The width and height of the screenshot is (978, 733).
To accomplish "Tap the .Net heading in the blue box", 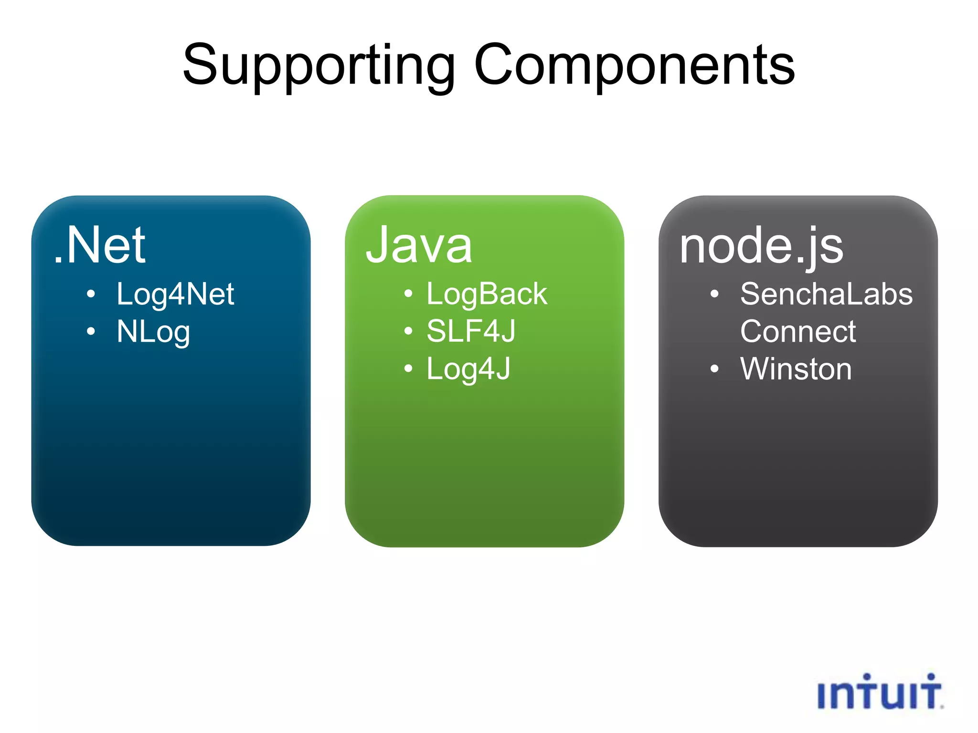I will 99,245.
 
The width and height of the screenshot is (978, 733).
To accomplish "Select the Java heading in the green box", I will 419,245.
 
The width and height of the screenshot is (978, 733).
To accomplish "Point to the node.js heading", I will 761,246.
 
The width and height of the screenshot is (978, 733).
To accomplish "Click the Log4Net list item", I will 175,294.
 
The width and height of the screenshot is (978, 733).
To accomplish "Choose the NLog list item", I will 153,332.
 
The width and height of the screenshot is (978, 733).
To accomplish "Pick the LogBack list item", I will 487,294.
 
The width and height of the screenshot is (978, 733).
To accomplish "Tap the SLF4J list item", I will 471,331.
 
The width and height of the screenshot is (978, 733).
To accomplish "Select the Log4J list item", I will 468,369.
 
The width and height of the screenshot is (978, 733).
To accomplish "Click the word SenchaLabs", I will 826,294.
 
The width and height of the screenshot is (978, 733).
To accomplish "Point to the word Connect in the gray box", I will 798,331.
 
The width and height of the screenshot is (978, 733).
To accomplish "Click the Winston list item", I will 796,369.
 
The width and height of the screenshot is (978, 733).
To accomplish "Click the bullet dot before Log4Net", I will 91,294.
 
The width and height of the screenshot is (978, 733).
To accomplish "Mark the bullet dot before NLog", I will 91,331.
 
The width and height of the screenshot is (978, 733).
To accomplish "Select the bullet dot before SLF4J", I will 408,331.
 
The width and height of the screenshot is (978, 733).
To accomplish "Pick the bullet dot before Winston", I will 714,368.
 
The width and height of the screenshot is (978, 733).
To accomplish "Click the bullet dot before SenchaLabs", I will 714,294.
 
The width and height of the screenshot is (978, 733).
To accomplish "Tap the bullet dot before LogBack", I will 408,293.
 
